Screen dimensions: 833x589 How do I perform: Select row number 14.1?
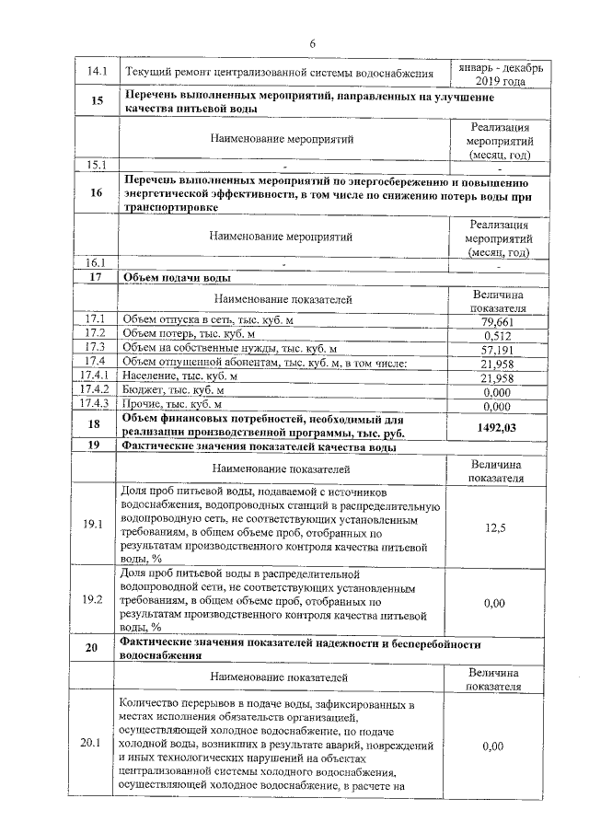(96, 72)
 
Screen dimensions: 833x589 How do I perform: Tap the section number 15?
(96, 101)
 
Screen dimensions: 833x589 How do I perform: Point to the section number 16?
(96, 193)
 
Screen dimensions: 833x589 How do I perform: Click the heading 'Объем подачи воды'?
(176, 277)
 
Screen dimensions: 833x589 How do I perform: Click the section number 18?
(96, 425)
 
